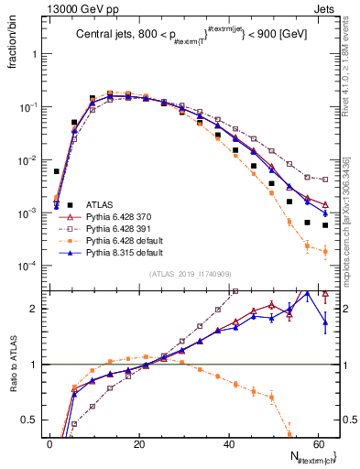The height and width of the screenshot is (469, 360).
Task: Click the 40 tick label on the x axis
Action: coord(227,444)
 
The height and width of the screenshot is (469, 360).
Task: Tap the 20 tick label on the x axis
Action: coord(138,444)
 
